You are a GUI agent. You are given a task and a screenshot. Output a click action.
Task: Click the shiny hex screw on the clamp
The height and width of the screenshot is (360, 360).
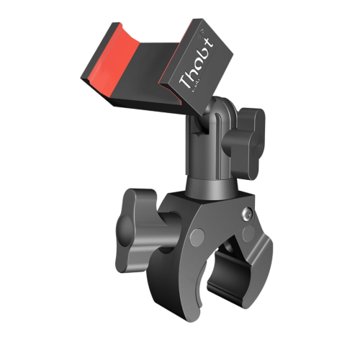point(248,212)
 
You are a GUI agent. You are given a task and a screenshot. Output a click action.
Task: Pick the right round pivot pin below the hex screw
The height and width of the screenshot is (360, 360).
point(248,233)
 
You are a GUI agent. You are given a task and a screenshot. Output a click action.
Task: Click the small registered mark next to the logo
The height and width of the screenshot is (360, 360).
point(204,32)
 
